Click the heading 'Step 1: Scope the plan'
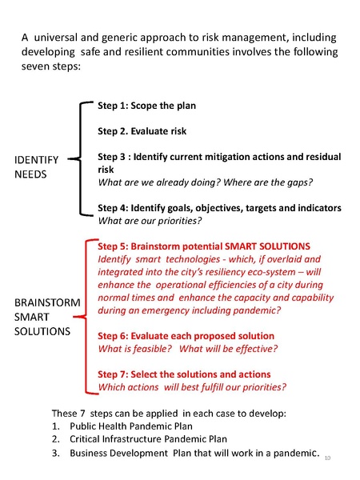[146, 106]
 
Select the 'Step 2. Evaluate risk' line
[142, 131]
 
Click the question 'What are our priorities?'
[149, 220]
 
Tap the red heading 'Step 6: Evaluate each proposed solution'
[186, 336]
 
